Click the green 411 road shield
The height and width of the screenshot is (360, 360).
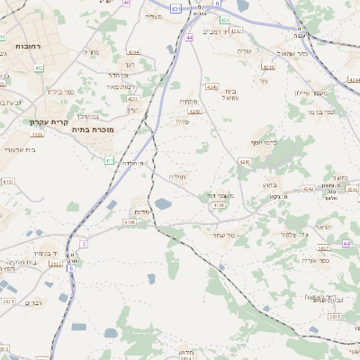coord(109,160)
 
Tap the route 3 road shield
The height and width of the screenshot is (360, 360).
coord(83,244)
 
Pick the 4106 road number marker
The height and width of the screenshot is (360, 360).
coord(130,221)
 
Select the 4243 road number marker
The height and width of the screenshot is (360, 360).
coord(194,111)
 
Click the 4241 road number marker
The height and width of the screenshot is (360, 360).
coord(245,161)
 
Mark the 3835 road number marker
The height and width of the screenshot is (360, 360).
coord(335,317)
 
